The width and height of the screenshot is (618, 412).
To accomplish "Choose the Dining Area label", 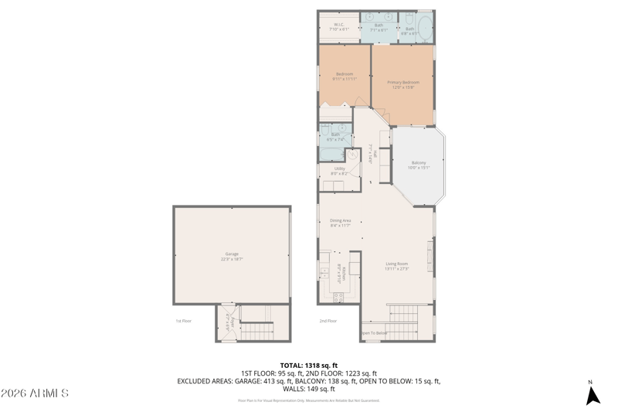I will pos(341,223).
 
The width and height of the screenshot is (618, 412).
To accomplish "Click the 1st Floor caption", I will pos(182,320).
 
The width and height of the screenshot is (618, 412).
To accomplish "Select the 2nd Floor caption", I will pos(328,320).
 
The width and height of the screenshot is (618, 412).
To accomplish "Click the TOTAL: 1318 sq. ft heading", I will pos(308,365).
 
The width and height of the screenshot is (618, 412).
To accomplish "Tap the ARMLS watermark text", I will pos(35,393).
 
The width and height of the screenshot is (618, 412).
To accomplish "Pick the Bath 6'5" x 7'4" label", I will pos(335,136).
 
